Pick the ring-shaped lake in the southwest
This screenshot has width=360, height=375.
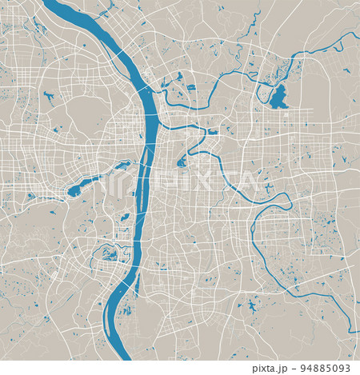tap(106, 253)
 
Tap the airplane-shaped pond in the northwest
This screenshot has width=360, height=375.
tap(49, 97)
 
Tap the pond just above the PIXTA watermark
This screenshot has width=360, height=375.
tap(182, 162)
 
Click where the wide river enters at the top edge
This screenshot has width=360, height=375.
tap(51, 3)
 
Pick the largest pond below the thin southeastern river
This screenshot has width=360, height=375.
tap(252, 305)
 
